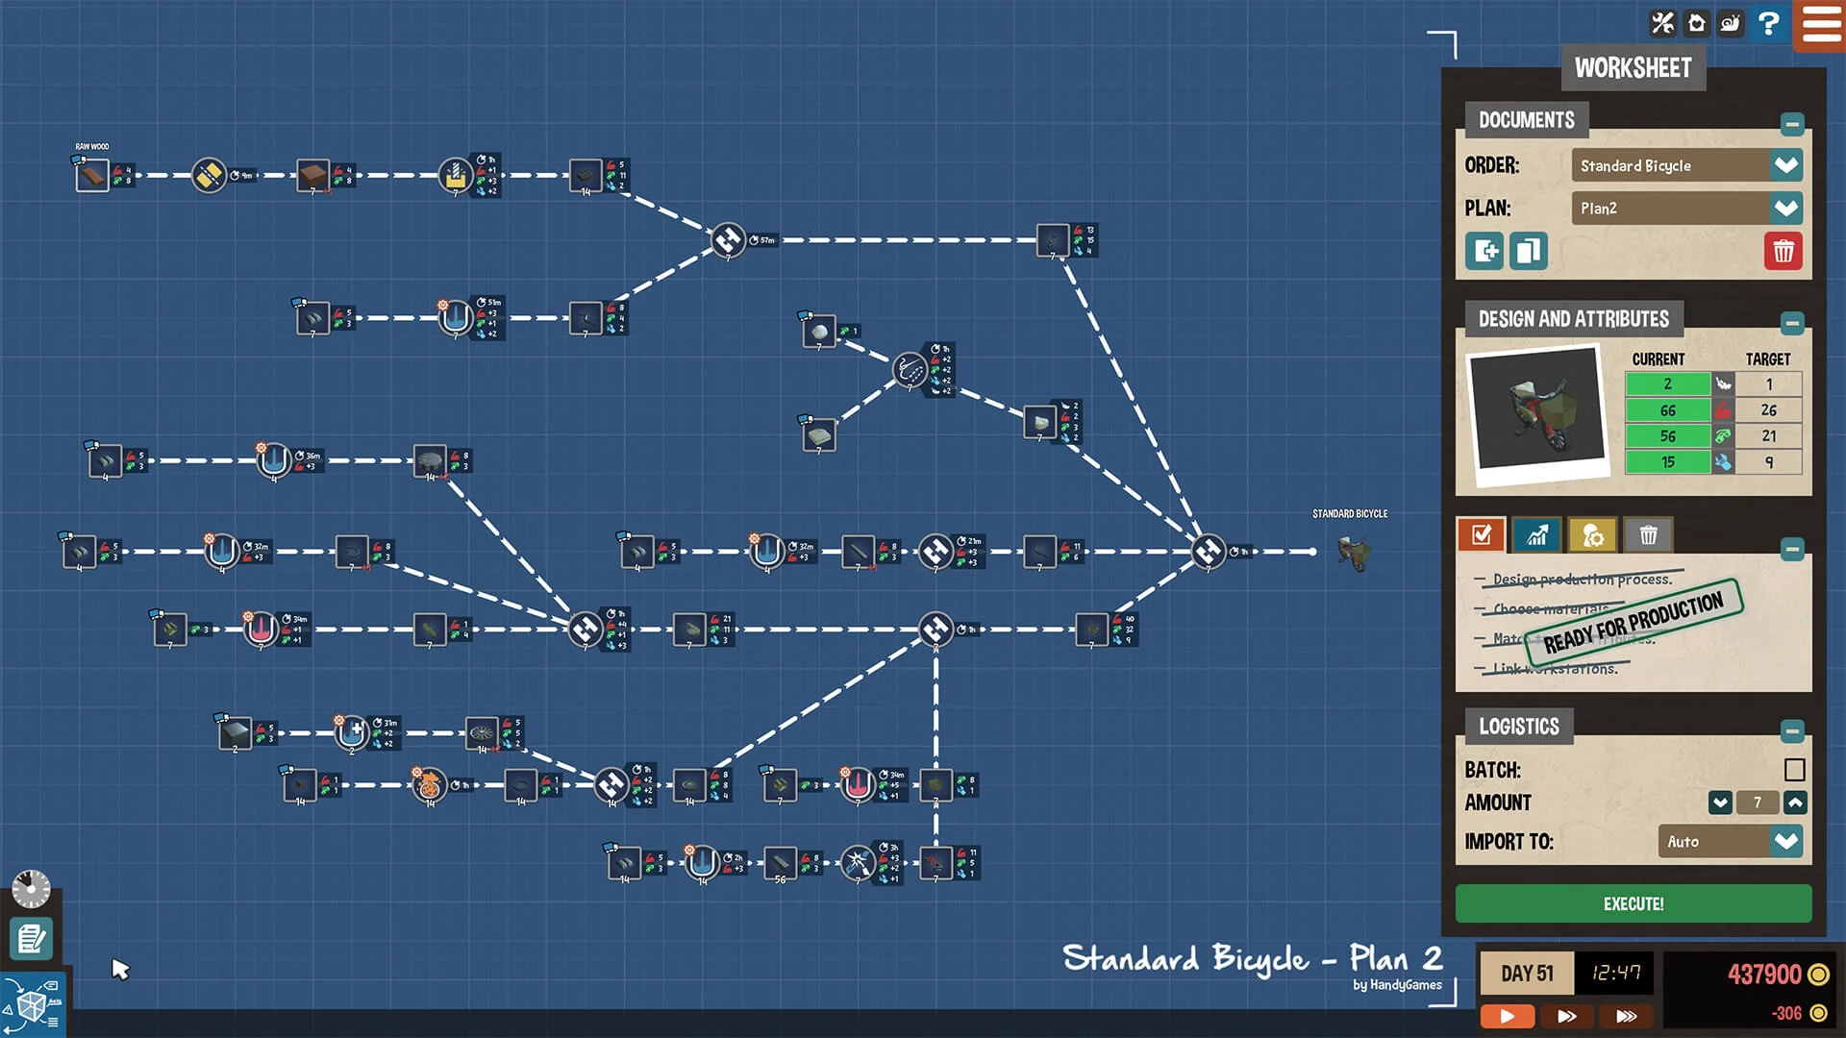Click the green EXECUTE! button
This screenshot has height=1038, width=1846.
1633,903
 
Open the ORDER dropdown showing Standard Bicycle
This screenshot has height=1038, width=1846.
1785,165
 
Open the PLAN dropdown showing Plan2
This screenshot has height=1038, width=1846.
1785,209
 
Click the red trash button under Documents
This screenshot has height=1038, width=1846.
1783,252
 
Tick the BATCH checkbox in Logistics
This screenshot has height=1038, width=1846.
1794,770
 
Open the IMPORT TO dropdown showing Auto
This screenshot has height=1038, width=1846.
1785,842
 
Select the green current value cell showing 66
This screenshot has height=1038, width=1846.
1667,410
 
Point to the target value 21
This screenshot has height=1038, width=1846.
1768,436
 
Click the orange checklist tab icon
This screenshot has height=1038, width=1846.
1481,535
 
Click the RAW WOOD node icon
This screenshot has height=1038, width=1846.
92,176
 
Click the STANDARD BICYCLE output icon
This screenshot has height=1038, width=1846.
1353,553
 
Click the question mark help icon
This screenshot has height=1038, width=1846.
1767,23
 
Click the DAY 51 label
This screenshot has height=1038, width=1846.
1527,974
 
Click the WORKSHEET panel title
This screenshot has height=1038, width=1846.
1633,68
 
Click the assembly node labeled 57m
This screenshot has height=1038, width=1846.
728,239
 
